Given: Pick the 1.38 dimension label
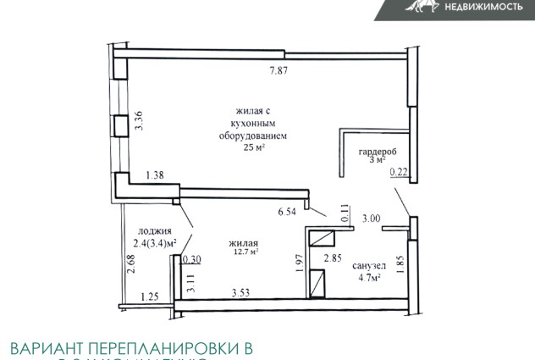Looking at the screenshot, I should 155,175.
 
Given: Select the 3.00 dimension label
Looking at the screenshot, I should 372,219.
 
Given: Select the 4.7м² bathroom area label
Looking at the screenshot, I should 367,276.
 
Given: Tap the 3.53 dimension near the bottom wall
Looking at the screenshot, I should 245,294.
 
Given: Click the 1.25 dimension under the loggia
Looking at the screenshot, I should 149,296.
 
